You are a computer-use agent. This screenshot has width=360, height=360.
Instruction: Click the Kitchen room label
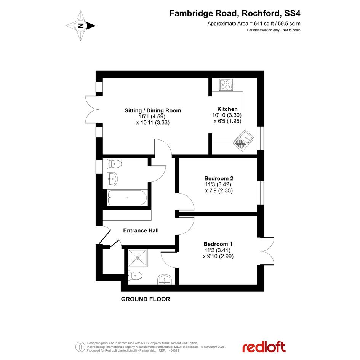227,109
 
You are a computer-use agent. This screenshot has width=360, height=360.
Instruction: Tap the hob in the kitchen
226,85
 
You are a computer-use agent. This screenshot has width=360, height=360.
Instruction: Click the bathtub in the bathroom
127,198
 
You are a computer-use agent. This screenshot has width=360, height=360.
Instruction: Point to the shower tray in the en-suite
138,258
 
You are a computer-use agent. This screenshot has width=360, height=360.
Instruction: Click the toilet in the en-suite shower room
135,276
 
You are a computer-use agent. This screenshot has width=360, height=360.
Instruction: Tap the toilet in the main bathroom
114,164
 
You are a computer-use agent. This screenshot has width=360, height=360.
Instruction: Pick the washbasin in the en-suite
165,279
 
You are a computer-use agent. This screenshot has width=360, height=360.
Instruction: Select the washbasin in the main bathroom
112,179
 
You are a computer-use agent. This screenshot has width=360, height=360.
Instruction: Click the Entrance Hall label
141,230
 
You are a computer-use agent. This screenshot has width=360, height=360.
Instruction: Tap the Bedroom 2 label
219,178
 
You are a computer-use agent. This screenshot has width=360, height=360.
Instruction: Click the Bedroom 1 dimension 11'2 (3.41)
218,250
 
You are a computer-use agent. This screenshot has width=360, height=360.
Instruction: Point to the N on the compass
81,26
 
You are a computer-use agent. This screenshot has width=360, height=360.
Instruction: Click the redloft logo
264,347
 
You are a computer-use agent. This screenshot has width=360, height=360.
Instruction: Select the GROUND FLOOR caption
146,299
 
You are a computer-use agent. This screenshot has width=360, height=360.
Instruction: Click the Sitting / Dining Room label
153,110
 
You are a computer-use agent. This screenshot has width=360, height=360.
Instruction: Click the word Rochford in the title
261,13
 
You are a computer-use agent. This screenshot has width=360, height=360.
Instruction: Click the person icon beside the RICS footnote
80,347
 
